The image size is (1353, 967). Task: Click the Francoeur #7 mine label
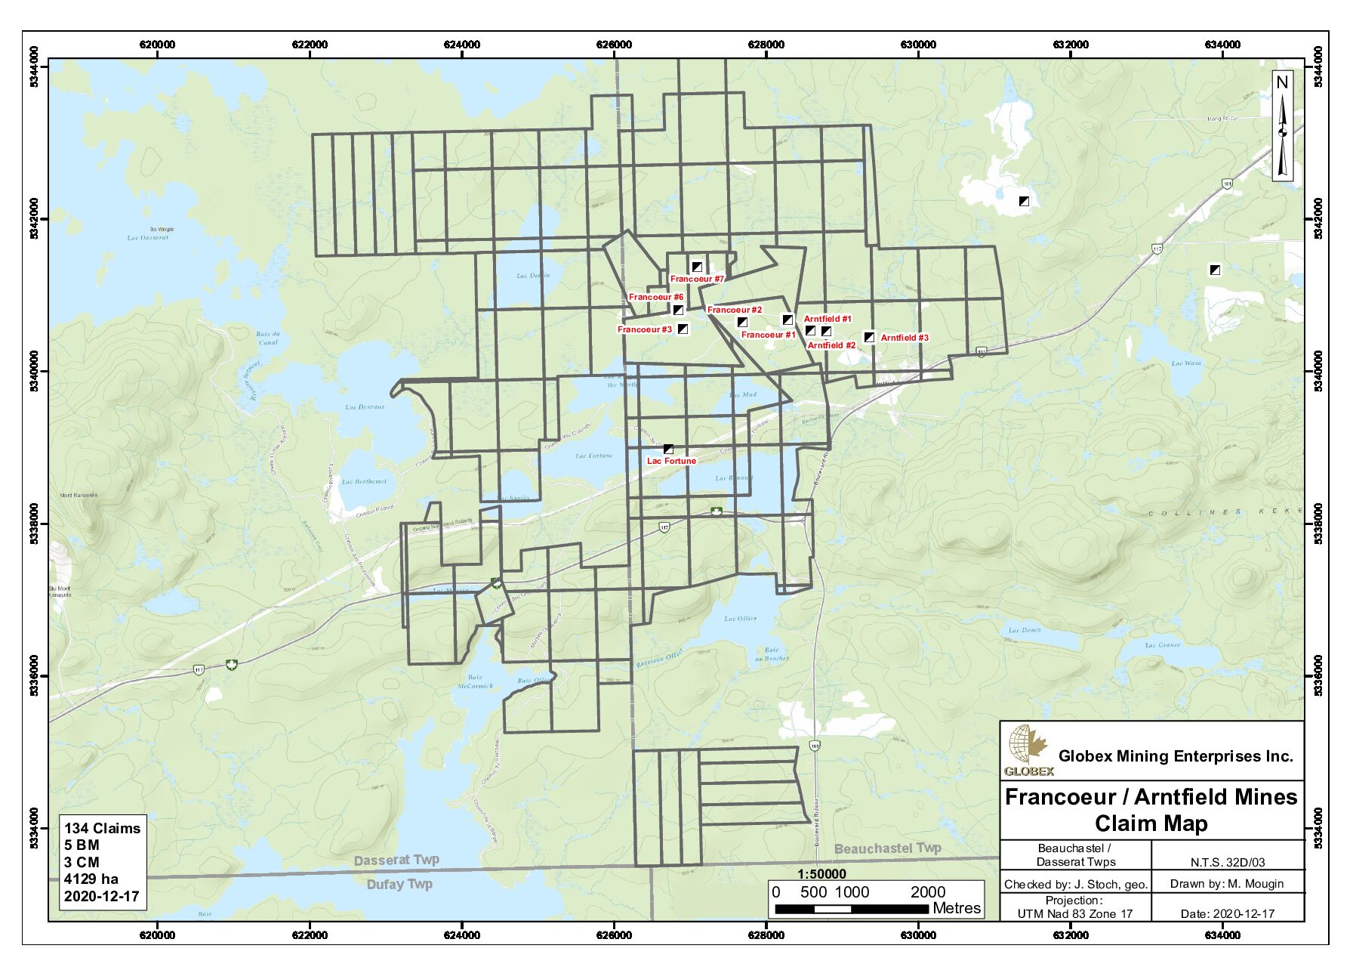point(697,280)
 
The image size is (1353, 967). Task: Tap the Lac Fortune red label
point(671,461)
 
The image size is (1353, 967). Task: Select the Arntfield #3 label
point(905,338)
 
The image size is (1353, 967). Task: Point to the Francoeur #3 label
point(644,329)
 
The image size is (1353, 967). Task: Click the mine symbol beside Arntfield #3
point(869,337)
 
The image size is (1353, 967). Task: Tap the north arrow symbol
point(1282,126)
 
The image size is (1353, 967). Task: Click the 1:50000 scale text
point(821,874)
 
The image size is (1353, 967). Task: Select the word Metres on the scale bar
point(956,908)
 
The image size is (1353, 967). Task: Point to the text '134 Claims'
point(102,828)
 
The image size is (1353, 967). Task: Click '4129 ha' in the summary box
point(91,879)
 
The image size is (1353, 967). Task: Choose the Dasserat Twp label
point(396,860)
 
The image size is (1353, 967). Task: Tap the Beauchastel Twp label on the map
point(887,848)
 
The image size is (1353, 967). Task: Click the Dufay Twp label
point(399,884)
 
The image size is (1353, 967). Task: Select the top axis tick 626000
point(614,45)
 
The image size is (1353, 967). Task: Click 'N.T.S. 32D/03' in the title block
point(1228,862)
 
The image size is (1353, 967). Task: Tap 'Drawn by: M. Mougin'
point(1227,883)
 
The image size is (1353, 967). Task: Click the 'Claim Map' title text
point(1151,823)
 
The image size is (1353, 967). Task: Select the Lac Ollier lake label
point(740,619)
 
